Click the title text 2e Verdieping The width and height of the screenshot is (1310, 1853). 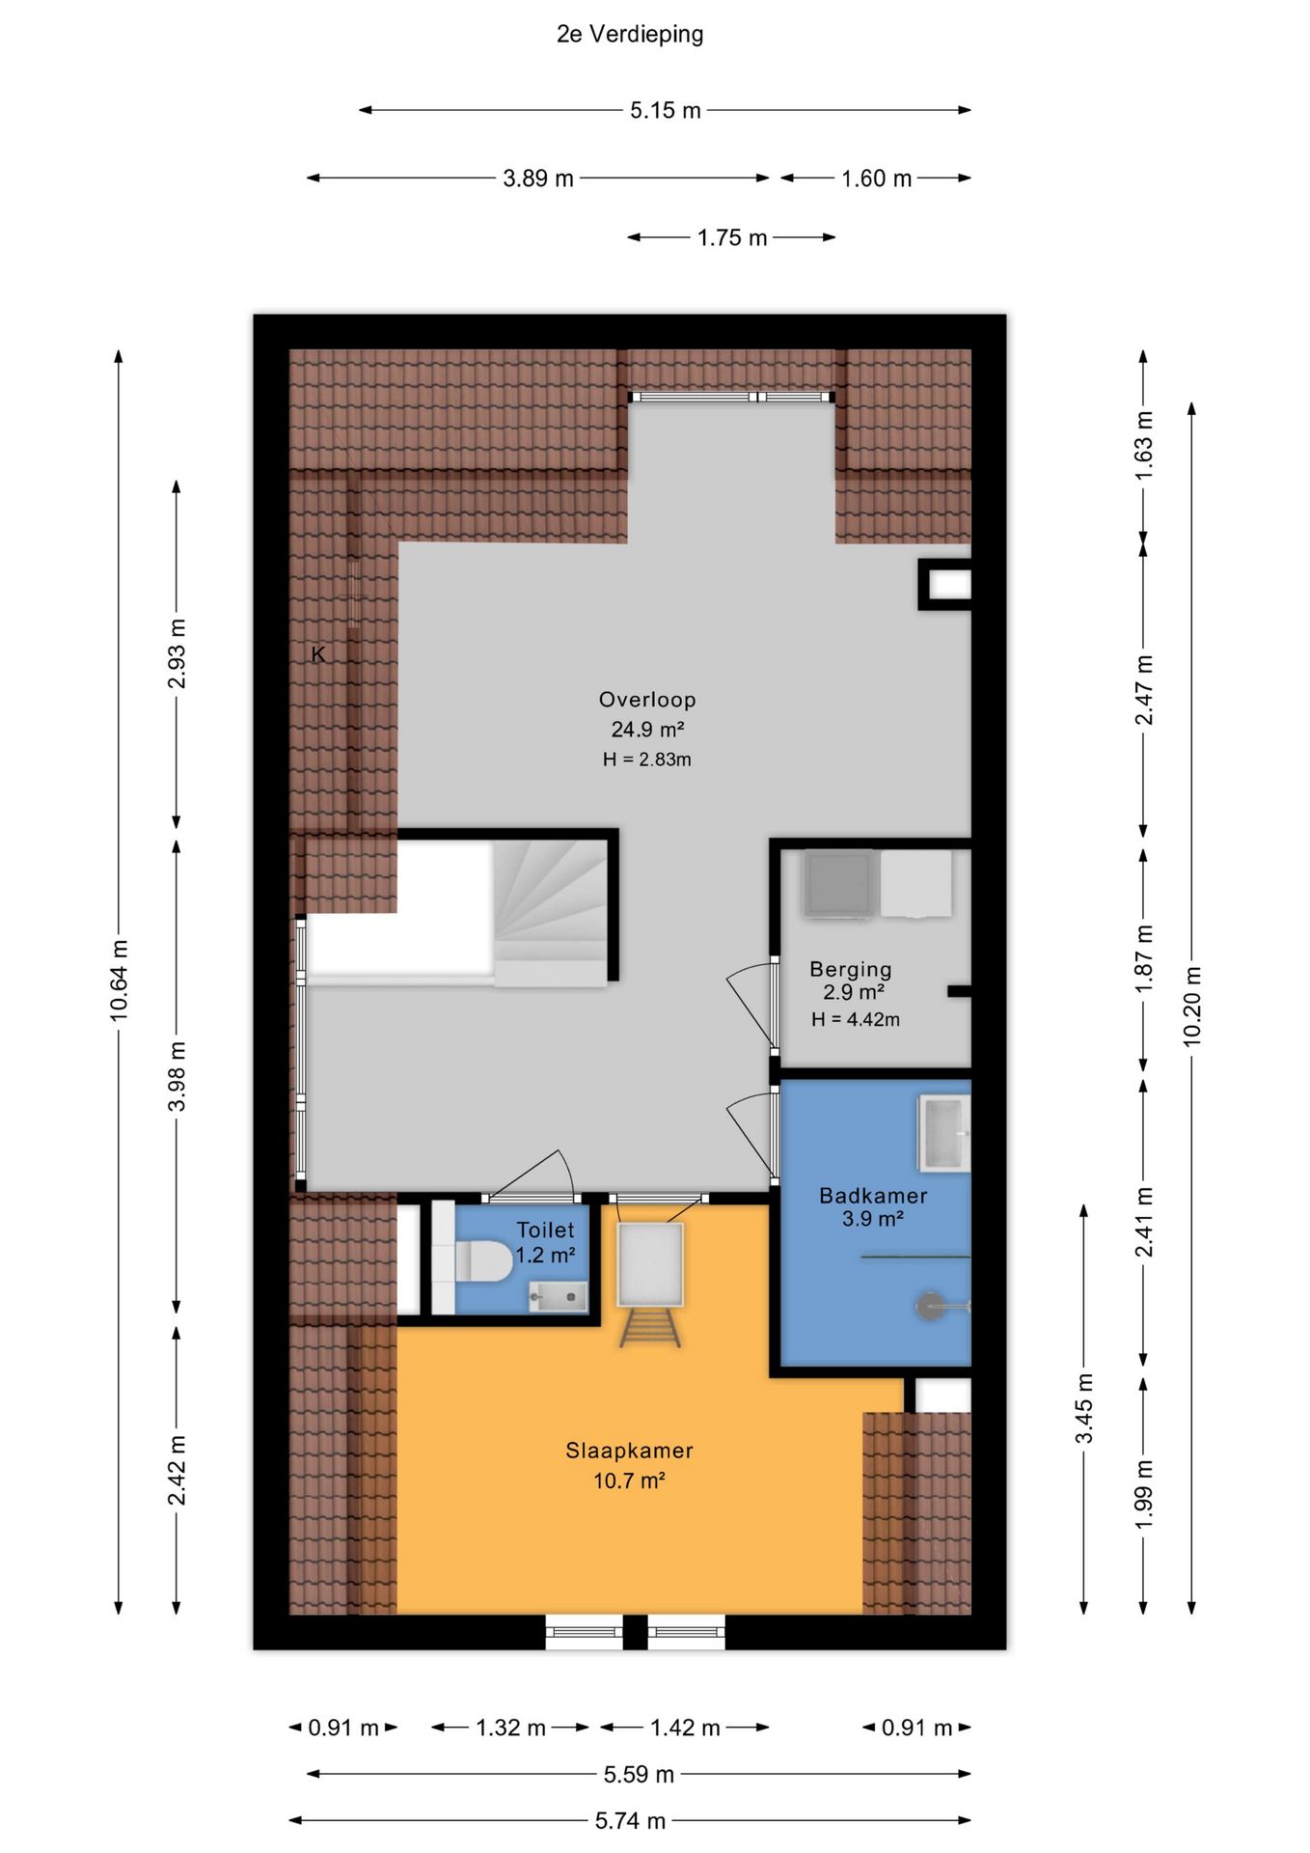[630, 35]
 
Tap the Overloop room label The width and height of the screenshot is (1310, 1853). [647, 700]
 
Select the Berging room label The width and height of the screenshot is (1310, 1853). [851, 969]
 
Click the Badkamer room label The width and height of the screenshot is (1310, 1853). [873, 1196]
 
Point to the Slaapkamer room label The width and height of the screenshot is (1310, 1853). [629, 1451]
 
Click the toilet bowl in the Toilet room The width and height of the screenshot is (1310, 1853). [482, 1261]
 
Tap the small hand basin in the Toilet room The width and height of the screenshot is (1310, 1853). [558, 1297]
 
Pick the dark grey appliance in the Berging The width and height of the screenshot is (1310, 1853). [839, 883]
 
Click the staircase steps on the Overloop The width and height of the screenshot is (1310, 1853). [551, 913]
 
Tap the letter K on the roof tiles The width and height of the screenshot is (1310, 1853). [318, 654]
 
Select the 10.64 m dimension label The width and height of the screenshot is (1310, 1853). [119, 980]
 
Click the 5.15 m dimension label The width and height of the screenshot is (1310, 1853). [666, 111]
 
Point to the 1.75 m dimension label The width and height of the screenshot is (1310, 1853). [732, 237]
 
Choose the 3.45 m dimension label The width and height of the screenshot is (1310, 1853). [1084, 1408]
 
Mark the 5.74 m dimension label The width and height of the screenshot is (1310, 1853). [630, 1821]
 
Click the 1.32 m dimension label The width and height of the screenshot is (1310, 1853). [510, 1728]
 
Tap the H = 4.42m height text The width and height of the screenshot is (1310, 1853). [856, 1019]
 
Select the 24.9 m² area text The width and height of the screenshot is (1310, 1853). [647, 730]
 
